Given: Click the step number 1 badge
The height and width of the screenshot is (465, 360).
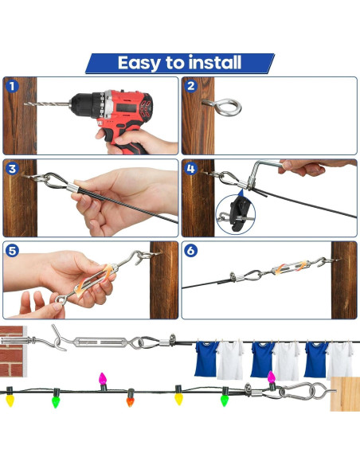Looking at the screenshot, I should tap(11, 86).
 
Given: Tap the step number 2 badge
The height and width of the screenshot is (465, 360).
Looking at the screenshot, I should tap(190, 86).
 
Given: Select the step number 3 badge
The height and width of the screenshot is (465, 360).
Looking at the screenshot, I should tap(11, 168).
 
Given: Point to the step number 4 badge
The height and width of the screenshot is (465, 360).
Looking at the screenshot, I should tap(190, 168).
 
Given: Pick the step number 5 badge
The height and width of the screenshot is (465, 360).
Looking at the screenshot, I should tap(11, 250).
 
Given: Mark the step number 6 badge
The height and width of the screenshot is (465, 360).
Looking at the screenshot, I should tap(190, 250).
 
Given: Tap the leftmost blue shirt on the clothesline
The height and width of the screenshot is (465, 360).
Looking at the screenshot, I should tap(206, 358).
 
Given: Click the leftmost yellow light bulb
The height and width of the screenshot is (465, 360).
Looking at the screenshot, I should tap(10, 397).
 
